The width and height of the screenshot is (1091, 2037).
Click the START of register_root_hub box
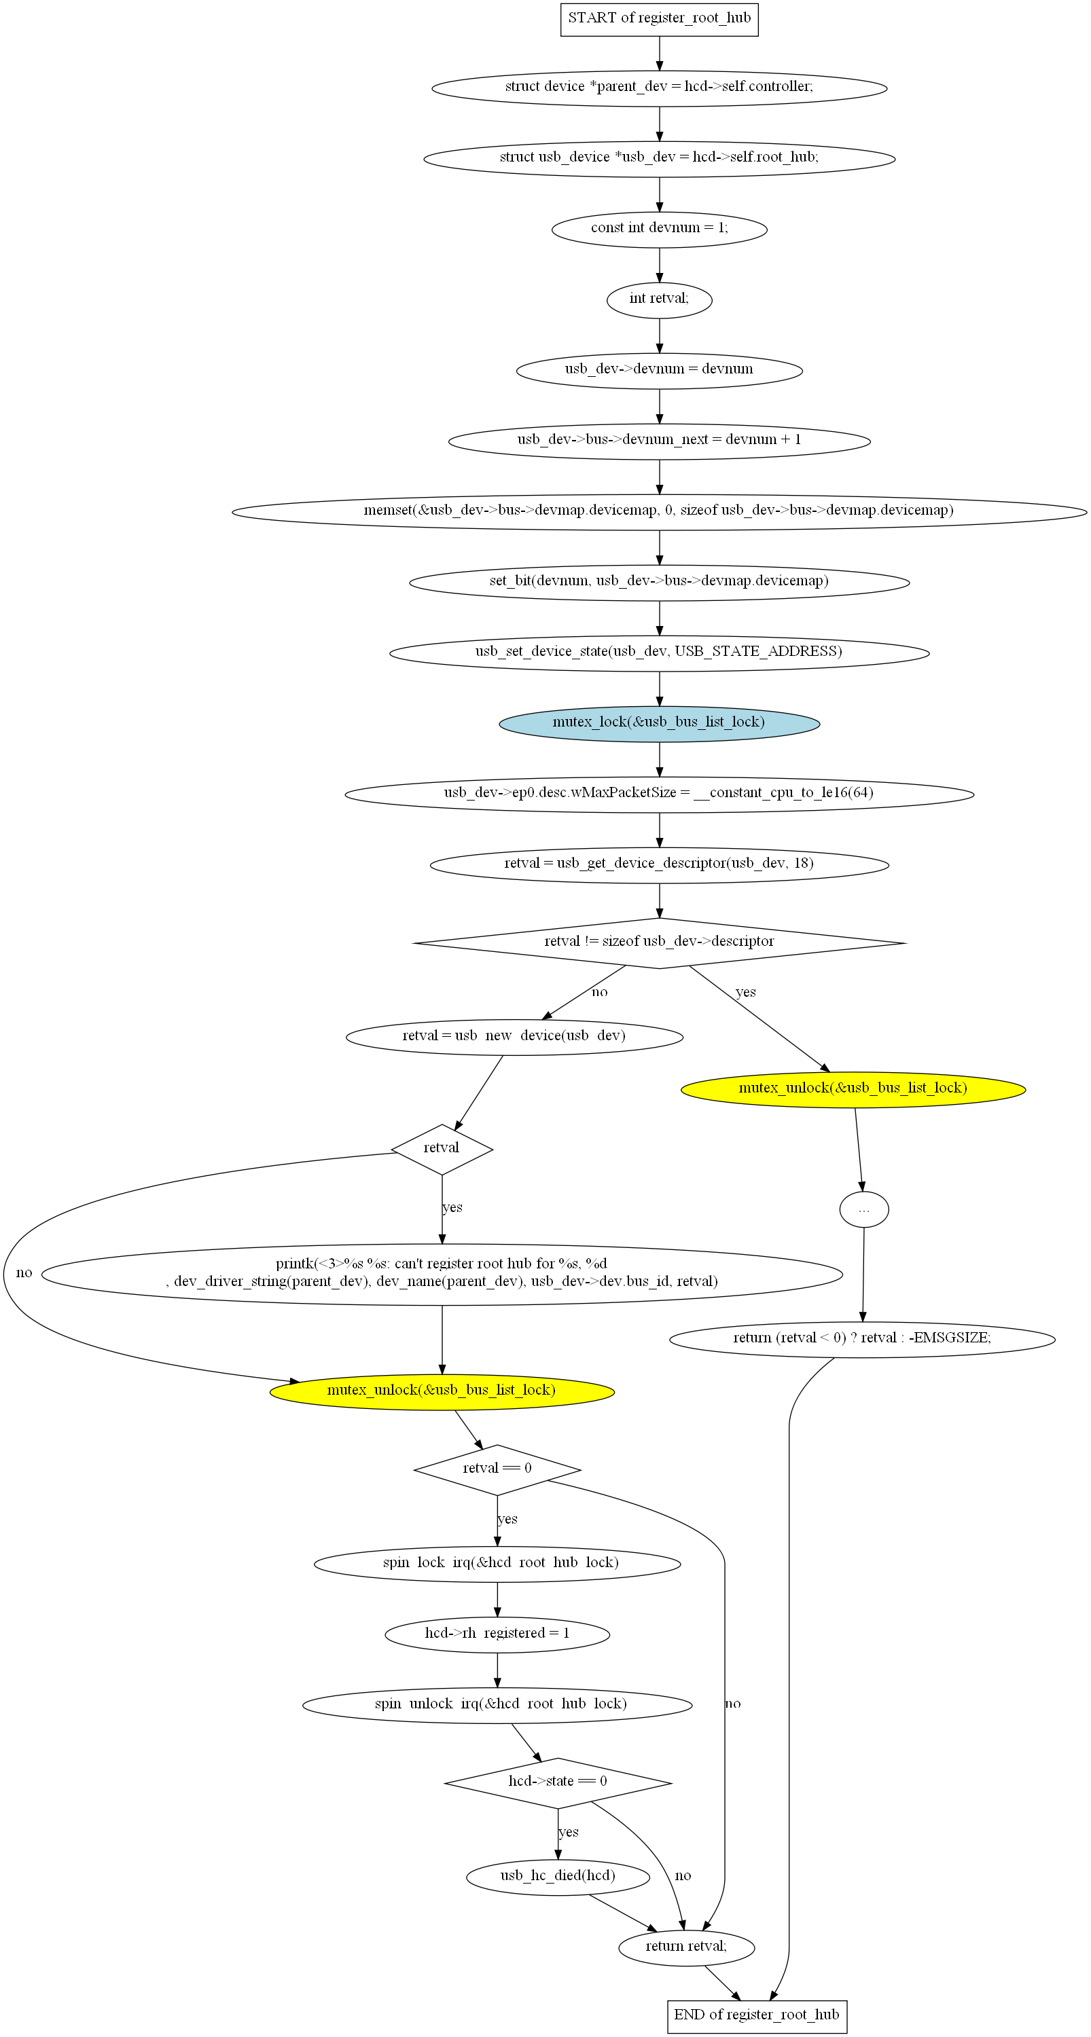659,18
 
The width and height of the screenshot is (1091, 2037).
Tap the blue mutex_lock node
659,722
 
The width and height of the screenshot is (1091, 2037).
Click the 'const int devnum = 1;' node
659,230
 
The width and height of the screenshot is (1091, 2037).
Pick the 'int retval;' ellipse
659,299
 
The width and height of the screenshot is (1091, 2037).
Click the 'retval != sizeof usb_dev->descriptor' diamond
659,942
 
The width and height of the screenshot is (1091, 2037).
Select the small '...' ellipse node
864,1209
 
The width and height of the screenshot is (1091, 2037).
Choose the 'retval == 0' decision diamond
497,1469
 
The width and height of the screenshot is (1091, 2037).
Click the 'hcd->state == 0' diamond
558,1782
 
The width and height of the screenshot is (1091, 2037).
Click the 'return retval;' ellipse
686,1947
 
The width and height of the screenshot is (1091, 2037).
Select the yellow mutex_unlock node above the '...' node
853,1089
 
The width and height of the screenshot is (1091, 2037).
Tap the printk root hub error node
442,1273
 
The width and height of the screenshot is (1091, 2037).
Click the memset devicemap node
659,511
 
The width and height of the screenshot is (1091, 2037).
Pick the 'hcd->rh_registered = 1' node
497,1634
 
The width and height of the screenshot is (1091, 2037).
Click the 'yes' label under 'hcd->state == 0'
568,1832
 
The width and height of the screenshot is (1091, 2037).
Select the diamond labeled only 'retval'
442,1148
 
